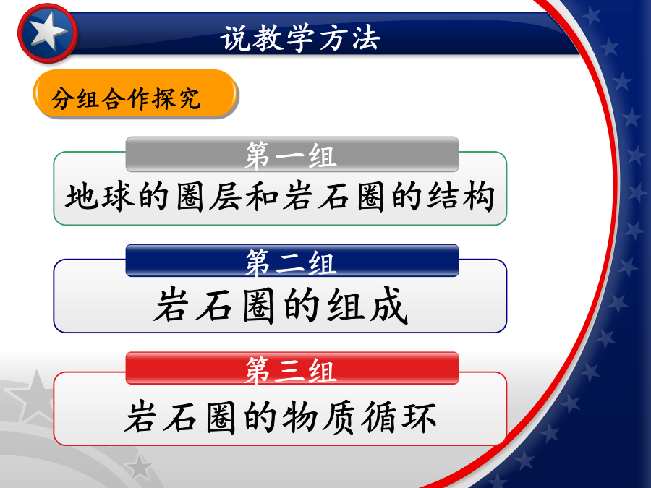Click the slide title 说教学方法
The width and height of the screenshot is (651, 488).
[300, 38]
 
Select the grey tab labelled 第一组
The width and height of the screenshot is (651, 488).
[292, 154]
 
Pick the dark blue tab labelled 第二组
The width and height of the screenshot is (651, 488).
[292, 260]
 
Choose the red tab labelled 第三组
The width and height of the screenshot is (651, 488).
[292, 368]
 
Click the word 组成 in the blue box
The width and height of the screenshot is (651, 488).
[367, 305]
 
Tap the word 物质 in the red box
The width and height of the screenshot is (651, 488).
[319, 417]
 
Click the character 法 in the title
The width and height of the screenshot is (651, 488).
[367, 38]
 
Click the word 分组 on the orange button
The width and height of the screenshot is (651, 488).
[75, 99]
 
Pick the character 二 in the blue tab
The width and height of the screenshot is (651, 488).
[290, 263]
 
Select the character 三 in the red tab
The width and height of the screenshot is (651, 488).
[290, 371]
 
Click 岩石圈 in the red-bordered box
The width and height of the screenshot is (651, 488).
[181, 417]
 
